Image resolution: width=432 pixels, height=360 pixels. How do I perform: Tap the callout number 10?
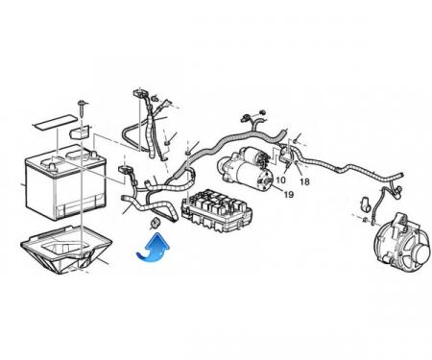pos(280,180)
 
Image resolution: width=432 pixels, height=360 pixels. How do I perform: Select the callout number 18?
pos(304,181)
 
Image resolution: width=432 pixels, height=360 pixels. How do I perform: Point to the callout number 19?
pos(289,194)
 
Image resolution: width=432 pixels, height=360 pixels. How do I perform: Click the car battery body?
pos(65,184)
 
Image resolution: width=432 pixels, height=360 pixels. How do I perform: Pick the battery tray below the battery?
pos(66,250)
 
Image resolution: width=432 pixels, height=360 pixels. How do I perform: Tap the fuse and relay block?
pos(217,209)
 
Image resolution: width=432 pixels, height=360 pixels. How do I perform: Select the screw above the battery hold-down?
pos(82,109)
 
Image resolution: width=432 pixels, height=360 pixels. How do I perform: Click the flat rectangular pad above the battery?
pos(55,123)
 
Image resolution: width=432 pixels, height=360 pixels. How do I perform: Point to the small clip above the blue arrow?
pos(156,223)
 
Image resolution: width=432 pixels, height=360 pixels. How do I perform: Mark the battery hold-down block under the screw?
pos(80,132)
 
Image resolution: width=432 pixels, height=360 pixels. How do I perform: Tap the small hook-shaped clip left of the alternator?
pos(366,204)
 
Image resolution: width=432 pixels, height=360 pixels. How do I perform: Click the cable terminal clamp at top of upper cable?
pos(139,94)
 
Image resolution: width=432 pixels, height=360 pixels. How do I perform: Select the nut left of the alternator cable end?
pos(364,219)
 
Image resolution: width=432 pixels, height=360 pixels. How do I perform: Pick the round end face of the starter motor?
pos(264,180)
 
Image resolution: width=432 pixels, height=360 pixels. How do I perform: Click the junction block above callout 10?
pos(287,155)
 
